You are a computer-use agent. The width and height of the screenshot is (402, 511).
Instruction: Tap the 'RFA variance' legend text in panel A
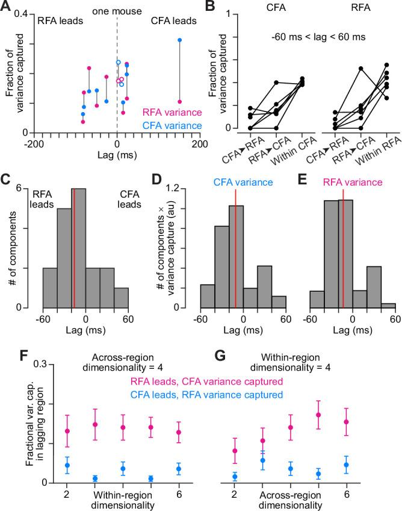tap(169, 112)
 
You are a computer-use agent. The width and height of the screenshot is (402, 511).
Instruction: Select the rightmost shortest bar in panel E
tap(388, 305)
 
